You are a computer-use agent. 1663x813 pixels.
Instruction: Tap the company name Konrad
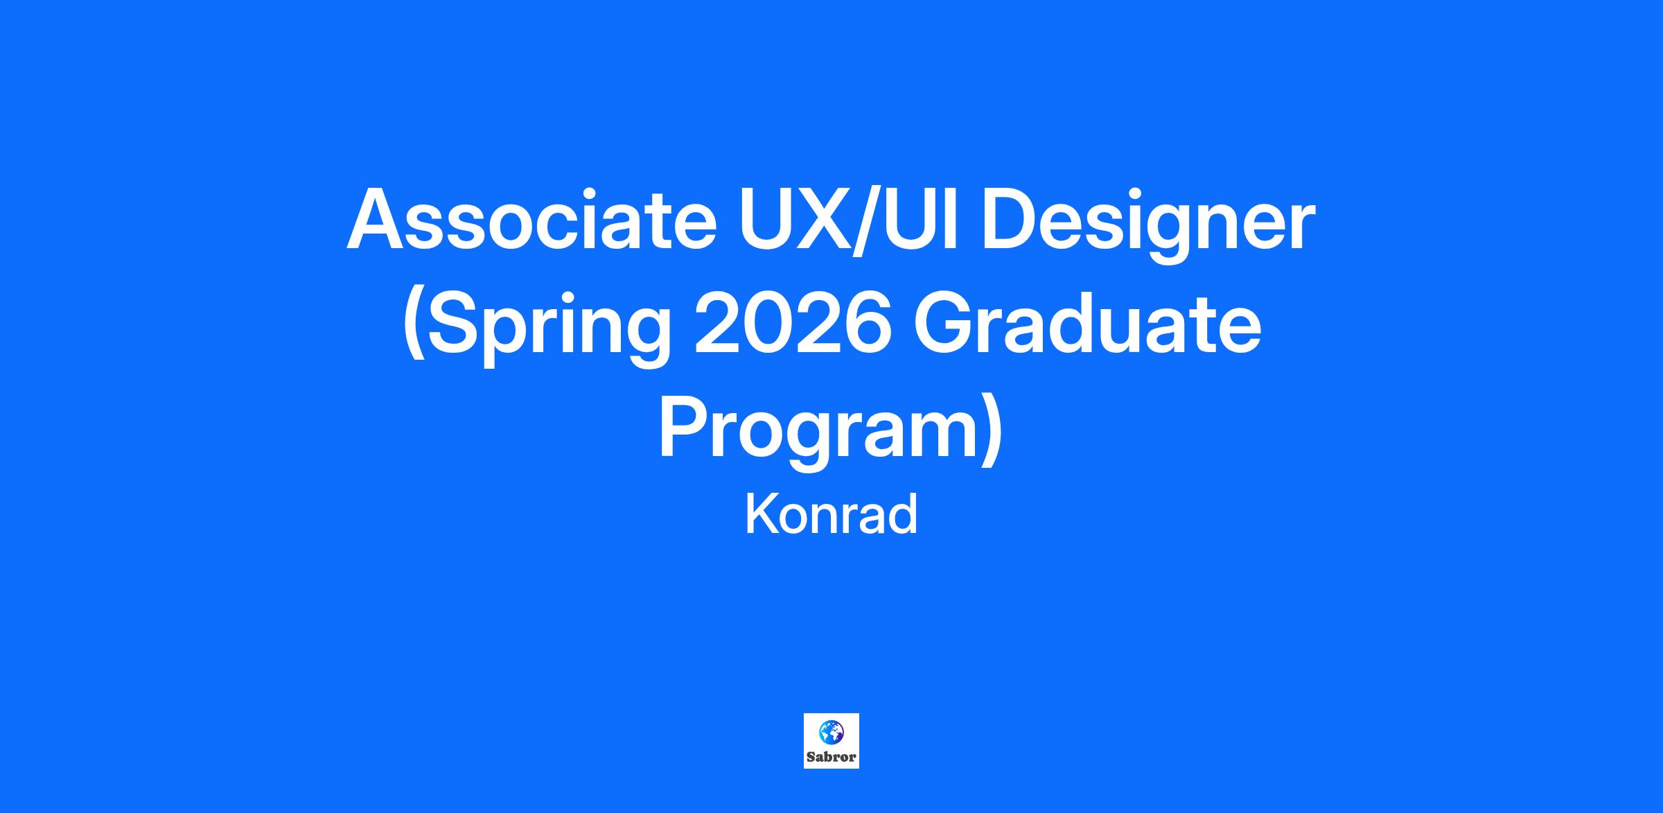point(831,516)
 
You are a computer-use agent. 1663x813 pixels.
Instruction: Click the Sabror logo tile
point(831,741)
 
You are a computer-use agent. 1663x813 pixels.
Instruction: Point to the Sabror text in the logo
point(831,757)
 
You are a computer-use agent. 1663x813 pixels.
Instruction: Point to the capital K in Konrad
point(761,515)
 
